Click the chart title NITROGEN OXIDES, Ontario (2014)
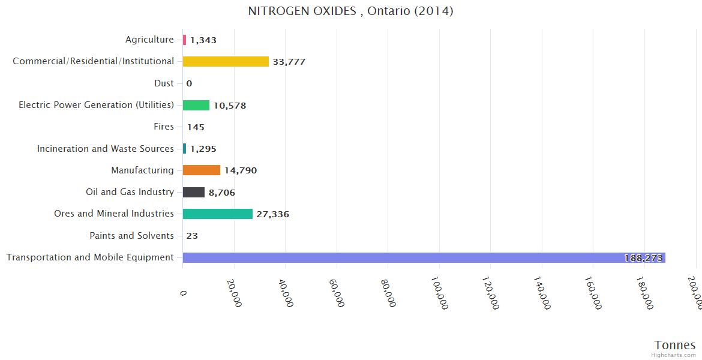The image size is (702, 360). tap(350, 11)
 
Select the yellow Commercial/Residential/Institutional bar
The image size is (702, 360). tap(226, 61)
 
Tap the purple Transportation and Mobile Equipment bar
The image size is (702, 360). tap(424, 257)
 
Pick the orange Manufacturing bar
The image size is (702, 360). tap(202, 170)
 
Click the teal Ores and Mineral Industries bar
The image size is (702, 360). tap(218, 214)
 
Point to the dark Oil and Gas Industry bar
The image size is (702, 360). tap(194, 192)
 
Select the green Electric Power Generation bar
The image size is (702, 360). tap(196, 105)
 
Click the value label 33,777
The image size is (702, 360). tap(289, 62)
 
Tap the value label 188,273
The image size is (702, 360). tap(643, 258)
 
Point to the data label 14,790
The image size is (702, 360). tap(241, 170)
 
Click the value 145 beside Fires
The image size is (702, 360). tap(196, 127)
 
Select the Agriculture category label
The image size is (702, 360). tap(149, 40)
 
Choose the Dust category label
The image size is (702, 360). tap(164, 83)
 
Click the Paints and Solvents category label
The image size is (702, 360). tap(131, 236)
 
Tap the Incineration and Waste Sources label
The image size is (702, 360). tap(106, 149)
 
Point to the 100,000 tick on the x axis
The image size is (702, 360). tap(439, 292)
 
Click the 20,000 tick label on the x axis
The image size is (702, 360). tap(234, 292)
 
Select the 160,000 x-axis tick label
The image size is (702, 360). tap(593, 292)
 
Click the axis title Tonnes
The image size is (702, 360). tap(675, 345)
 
